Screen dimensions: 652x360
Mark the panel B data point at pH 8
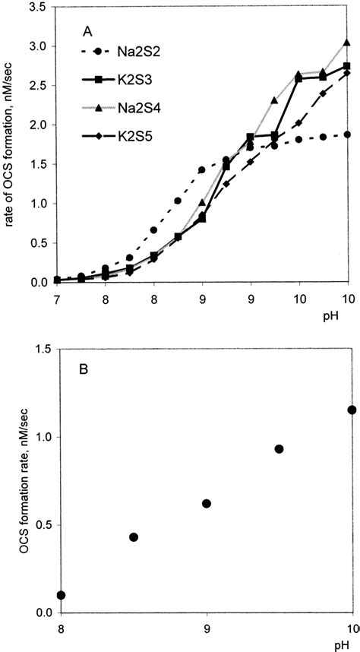pos(61,595)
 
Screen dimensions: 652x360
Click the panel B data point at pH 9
pos(207,503)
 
